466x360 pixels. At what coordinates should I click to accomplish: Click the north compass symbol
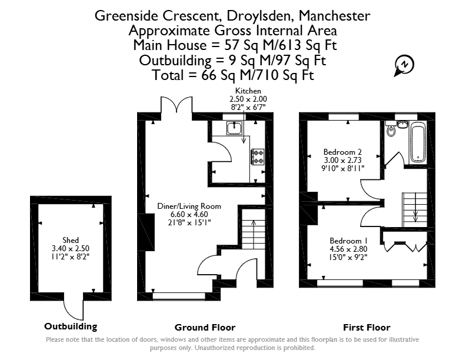tap(404, 65)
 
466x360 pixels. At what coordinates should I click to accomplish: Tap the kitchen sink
tap(235, 128)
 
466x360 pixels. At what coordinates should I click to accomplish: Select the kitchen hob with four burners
tap(257, 157)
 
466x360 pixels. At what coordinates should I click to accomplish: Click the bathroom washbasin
tap(402, 124)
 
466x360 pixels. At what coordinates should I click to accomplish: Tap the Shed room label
tap(71, 240)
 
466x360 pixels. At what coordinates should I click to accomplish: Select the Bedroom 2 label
tap(342, 152)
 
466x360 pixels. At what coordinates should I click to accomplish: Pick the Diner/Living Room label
tap(189, 206)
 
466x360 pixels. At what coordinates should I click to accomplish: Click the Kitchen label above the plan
tap(248, 91)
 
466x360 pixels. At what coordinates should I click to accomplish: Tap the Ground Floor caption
tap(205, 327)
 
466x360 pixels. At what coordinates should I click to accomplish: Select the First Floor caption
tap(367, 327)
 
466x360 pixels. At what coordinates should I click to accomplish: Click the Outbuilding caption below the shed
tap(71, 326)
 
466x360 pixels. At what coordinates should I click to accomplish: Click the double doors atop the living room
tap(177, 105)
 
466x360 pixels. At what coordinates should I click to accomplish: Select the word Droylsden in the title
tap(258, 16)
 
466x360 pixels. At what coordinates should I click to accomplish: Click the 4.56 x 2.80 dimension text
tap(348, 249)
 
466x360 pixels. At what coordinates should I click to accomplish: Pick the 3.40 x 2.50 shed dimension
tap(71, 248)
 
